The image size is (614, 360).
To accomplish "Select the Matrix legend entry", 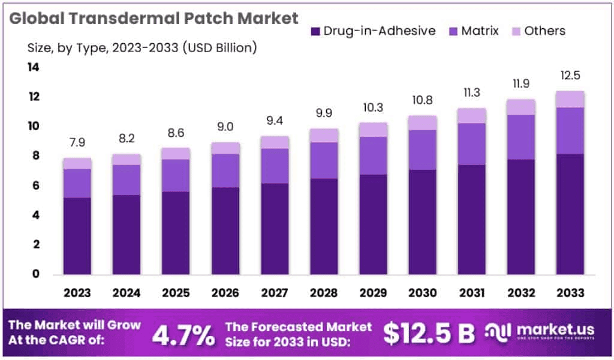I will point(473,31).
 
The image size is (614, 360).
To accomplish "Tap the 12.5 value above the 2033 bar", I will point(569,76).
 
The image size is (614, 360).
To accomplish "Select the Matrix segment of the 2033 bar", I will point(569,131).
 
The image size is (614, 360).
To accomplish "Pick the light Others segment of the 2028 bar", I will point(323,135).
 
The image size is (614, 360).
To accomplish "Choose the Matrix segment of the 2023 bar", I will point(77,183).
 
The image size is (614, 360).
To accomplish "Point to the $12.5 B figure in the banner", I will point(429,333).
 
